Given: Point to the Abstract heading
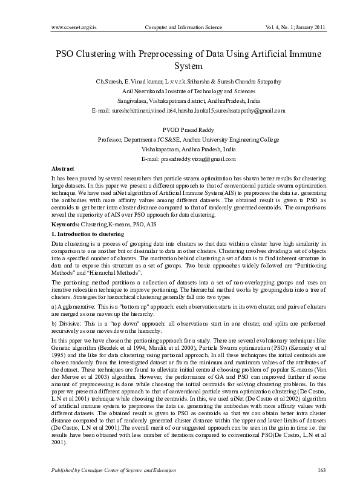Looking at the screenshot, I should [x=63, y=168].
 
